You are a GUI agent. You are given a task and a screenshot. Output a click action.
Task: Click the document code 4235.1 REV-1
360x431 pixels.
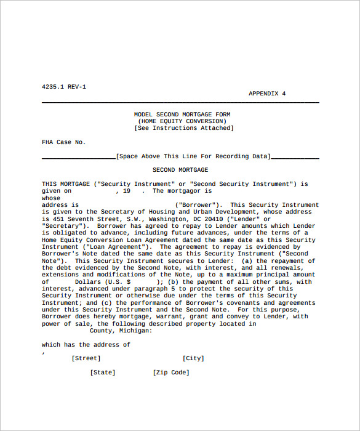[64, 87]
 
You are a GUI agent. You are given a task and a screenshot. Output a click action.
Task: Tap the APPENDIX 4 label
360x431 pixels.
[267, 94]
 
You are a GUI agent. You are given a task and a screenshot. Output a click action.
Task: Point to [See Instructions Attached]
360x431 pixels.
[184, 128]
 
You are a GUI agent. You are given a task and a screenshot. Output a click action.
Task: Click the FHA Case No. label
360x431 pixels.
[64, 142]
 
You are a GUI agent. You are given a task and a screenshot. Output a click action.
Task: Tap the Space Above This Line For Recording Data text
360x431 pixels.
[193, 156]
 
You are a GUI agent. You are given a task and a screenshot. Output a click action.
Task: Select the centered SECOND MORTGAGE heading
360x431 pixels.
[180, 170]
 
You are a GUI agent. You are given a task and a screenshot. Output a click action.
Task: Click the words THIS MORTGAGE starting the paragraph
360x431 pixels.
[66, 184]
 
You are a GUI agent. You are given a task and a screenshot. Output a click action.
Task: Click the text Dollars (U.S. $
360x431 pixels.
[103, 282]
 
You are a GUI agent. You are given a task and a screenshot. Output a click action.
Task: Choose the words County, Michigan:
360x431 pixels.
[121, 331]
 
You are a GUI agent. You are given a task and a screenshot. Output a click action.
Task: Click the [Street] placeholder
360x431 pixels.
[86, 358]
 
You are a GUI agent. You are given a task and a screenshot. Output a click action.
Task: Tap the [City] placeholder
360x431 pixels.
[193, 358]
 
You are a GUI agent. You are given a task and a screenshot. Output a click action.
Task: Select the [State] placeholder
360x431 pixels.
[103, 373]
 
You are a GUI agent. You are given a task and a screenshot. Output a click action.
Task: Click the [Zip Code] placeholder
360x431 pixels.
[171, 373]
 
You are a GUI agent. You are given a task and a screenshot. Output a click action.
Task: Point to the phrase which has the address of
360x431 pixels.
[86, 345]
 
